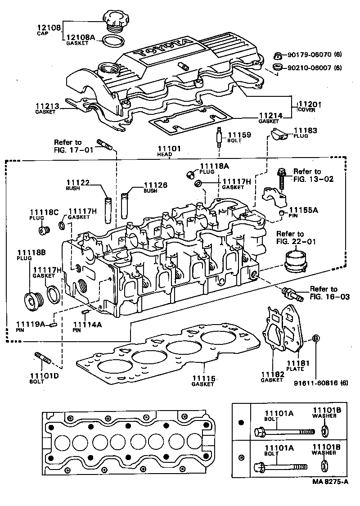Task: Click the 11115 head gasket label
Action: pyautogui.click(x=203, y=379)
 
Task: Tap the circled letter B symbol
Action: pyautogui.click(x=316, y=339)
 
